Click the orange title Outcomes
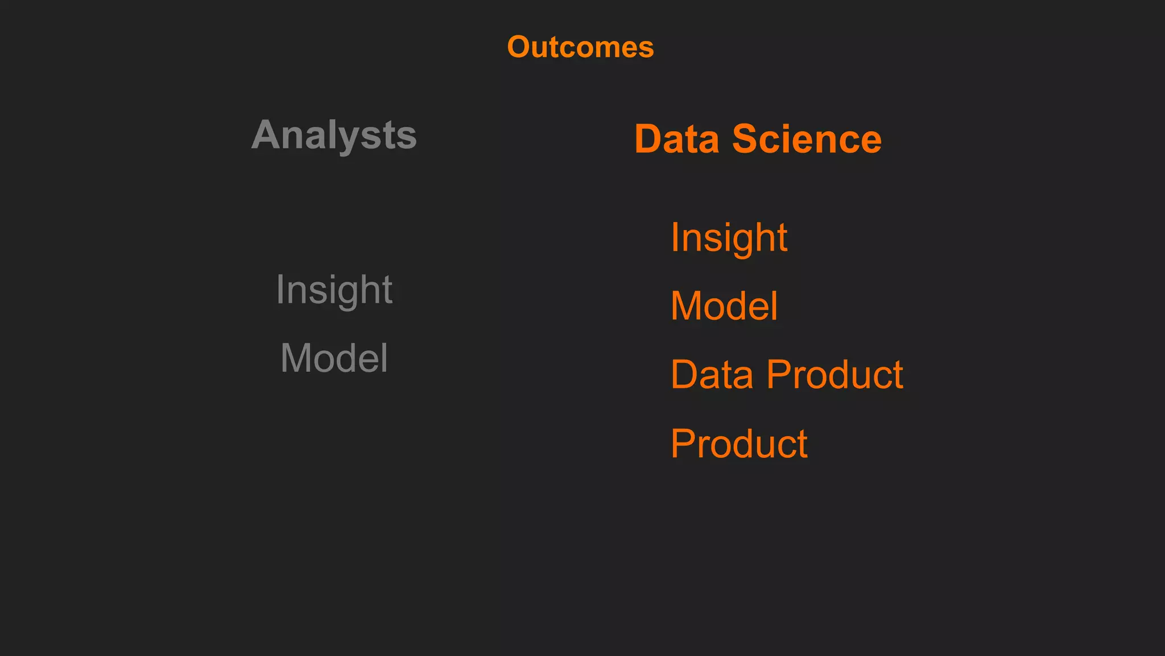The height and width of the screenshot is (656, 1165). click(580, 47)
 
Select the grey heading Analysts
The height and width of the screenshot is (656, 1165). click(334, 136)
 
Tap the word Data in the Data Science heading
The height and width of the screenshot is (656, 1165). click(677, 139)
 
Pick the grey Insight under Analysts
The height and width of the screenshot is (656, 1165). click(334, 290)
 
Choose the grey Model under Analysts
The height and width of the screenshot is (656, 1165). click(334, 358)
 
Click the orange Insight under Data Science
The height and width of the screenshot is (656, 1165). click(729, 237)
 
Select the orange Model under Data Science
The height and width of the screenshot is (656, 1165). click(724, 306)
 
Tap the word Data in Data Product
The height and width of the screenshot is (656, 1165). click(712, 375)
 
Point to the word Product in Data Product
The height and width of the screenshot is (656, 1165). click(834, 375)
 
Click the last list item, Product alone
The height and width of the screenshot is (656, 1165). click(739, 444)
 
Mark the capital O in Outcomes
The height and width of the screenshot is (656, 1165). click(519, 47)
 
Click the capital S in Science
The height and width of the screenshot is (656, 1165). click(747, 139)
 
